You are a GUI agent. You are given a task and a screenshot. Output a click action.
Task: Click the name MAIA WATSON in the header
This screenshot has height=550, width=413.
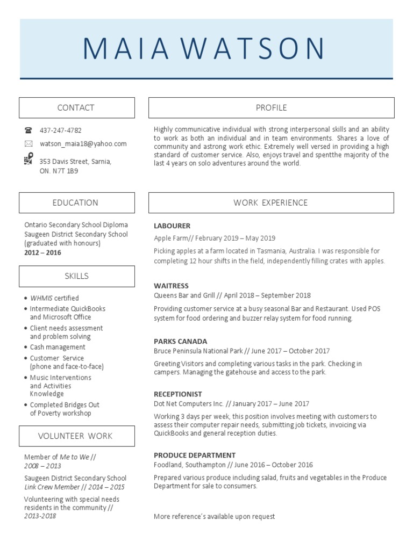pos(204,49)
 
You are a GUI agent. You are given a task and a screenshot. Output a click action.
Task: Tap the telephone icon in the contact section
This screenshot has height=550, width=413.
pos(29,131)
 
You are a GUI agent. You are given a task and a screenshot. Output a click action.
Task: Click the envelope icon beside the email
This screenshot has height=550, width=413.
pos(29,144)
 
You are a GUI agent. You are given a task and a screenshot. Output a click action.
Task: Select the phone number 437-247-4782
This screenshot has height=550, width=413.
pos(61,131)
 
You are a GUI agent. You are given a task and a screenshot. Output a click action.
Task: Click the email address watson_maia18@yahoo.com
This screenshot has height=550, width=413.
pos(83,144)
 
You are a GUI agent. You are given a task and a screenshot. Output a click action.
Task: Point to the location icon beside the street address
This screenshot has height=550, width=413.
pos(29,160)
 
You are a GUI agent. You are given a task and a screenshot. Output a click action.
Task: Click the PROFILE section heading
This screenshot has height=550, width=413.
pos(271,108)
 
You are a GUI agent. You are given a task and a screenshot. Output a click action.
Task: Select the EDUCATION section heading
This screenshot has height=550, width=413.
pos(75,203)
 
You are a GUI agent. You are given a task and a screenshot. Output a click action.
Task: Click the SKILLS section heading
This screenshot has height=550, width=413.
pos(76,276)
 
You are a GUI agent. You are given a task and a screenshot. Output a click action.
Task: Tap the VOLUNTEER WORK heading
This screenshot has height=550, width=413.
pos(75,436)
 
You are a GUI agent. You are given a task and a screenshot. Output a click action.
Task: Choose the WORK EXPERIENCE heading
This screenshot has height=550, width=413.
pos(270,203)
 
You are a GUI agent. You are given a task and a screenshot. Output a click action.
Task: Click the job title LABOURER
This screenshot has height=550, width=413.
pos(172,226)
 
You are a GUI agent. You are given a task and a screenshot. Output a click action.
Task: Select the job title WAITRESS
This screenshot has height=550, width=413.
pos(171,286)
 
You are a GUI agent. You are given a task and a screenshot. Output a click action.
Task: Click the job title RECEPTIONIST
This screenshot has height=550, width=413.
pos(178,394)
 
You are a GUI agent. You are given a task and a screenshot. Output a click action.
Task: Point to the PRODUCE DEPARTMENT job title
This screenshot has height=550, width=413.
pos(195,455)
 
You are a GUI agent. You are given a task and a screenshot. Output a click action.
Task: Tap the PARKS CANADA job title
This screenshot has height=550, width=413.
pos(180,342)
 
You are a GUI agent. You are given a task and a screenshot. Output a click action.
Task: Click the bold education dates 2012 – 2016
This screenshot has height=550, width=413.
pos(42,252)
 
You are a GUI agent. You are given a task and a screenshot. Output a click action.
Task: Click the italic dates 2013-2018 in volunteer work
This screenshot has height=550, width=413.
pos(40,516)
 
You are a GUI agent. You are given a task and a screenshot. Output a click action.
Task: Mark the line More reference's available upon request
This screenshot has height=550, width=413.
pos(214,517)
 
